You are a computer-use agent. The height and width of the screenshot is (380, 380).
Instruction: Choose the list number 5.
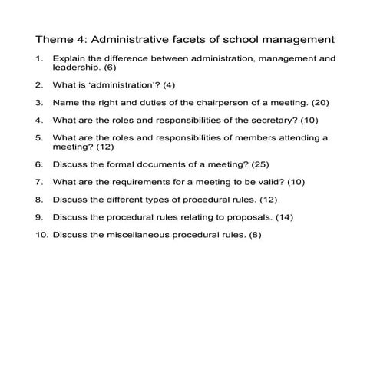(x=38, y=137)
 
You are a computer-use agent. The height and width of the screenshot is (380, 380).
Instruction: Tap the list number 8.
(x=38, y=200)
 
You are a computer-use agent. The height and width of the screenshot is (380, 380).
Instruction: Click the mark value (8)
(x=255, y=235)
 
